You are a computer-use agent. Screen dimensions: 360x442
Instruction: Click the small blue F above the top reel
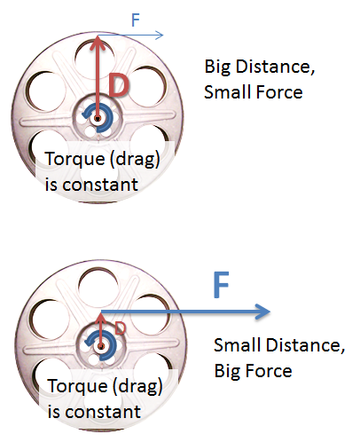[x=136, y=20]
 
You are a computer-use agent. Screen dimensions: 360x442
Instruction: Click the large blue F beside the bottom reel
[x=221, y=284]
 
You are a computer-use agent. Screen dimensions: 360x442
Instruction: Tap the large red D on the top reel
[x=119, y=85]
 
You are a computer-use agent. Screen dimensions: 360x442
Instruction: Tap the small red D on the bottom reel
[x=120, y=328]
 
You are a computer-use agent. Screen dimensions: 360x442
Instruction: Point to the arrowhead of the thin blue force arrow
[x=160, y=36]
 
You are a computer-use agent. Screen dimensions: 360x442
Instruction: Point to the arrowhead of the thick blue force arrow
[x=262, y=312]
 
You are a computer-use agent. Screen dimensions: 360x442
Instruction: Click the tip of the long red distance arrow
[x=98, y=36]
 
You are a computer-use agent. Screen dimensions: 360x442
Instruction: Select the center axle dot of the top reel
[x=98, y=119]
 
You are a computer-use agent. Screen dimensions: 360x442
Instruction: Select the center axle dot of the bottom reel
[x=101, y=346]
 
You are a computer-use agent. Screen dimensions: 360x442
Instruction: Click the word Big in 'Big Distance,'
[x=217, y=67]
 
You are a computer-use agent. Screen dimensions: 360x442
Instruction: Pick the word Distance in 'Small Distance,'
[x=306, y=345]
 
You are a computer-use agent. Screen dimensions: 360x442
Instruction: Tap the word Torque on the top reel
[x=75, y=159]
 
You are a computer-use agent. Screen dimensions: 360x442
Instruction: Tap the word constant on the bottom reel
[x=103, y=412]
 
